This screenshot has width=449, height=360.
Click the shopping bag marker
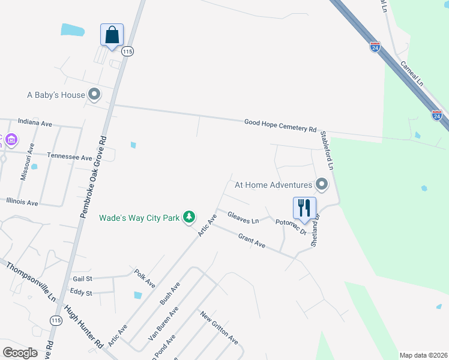(x=112, y=35)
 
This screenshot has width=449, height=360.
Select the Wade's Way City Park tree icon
(x=189, y=217)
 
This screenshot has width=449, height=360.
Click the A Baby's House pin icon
(x=94, y=94)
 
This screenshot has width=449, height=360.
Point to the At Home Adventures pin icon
(x=322, y=184)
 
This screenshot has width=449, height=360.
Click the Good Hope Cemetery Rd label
(x=280, y=125)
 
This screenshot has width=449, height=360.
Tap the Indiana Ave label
(x=35, y=124)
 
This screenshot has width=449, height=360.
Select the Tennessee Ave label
(x=70, y=157)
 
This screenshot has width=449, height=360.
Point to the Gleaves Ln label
(x=243, y=217)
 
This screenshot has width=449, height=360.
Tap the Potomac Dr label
(x=291, y=227)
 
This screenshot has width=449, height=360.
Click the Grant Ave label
(x=252, y=241)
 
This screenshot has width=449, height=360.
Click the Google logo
(x=20, y=353)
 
